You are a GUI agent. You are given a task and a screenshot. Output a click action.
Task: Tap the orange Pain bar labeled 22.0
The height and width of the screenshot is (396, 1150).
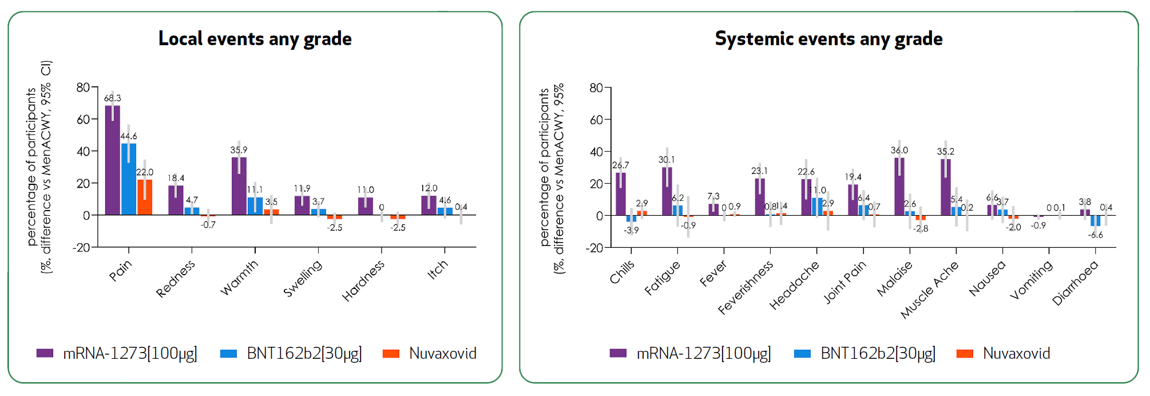tap(145, 198)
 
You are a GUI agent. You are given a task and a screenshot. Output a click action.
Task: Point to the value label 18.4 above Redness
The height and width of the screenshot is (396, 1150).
tap(176, 178)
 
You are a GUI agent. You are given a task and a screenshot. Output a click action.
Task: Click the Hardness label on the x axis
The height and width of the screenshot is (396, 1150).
tap(363, 280)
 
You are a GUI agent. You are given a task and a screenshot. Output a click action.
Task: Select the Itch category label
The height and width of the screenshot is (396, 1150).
tap(438, 270)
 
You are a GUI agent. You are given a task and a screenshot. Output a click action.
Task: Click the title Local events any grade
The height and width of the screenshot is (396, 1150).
tap(255, 39)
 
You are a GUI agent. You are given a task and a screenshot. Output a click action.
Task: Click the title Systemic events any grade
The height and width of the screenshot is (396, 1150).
tap(828, 39)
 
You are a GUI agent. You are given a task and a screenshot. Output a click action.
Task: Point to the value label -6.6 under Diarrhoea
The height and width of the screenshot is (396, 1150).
tap(1095, 235)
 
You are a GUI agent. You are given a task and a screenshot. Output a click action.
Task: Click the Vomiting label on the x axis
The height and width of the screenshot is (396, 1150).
tap(1031, 280)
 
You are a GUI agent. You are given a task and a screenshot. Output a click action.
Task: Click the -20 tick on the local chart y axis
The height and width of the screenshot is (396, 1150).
tap(81, 248)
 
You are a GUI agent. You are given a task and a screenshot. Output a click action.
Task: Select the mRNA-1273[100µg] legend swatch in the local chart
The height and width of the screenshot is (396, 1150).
tap(45, 354)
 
